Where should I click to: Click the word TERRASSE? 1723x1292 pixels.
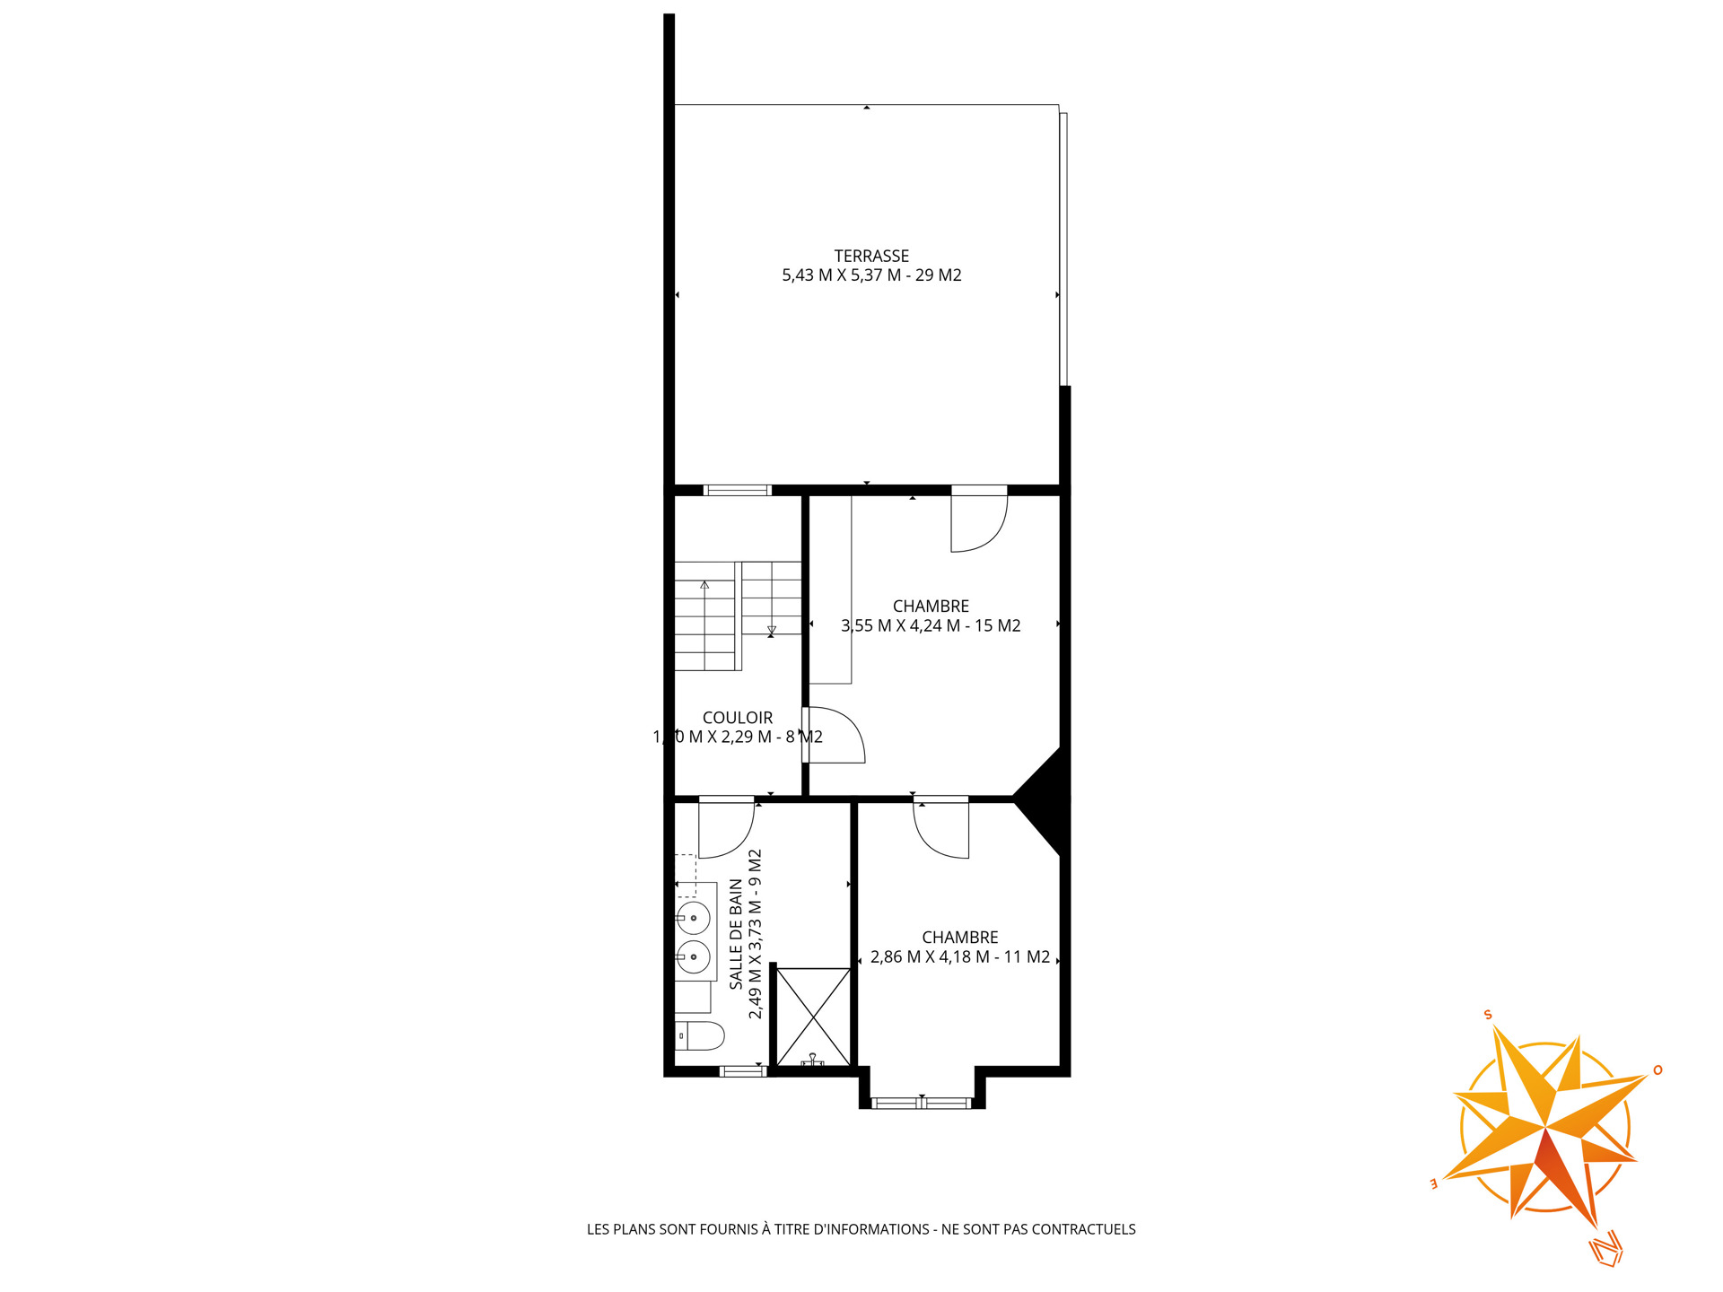pyautogui.click(x=871, y=257)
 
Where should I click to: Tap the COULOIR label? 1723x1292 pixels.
pyautogui.click(x=738, y=718)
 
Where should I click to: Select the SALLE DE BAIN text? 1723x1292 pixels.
pyautogui.click(x=737, y=934)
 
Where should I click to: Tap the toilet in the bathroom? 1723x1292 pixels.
pyautogui.click(x=700, y=1035)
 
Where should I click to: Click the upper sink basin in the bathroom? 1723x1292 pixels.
pyautogui.click(x=694, y=919)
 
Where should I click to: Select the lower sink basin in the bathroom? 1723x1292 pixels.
pyautogui.click(x=694, y=957)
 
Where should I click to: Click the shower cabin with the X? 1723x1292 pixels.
pyautogui.click(x=813, y=1017)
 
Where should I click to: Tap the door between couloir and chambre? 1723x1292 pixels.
pyautogui.click(x=834, y=735)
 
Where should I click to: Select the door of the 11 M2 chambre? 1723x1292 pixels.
pyautogui.click(x=941, y=827)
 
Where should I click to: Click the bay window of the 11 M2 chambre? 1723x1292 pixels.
pyautogui.click(x=922, y=1103)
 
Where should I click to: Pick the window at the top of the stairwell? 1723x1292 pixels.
pyautogui.click(x=737, y=490)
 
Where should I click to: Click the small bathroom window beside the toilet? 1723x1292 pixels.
pyautogui.click(x=743, y=1071)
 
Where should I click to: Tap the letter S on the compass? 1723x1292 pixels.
pyautogui.click(x=1488, y=1015)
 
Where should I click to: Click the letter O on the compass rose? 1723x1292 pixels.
pyautogui.click(x=1657, y=1069)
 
